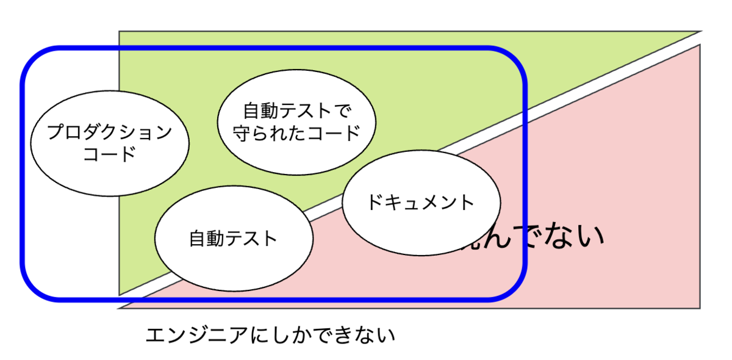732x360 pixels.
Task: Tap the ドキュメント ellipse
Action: [x=421, y=203]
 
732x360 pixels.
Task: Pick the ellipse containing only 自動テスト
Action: [x=234, y=238]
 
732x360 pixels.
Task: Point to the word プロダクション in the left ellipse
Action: [x=109, y=132]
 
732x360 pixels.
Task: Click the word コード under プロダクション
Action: [x=109, y=154]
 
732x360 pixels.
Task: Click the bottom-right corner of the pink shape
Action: [x=700, y=308]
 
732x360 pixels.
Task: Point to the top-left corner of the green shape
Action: [x=120, y=32]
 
